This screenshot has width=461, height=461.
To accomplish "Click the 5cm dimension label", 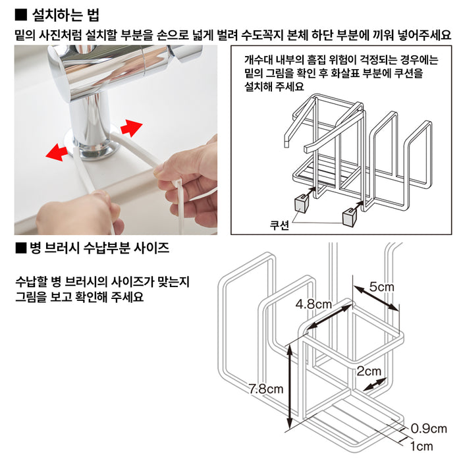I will click(382, 287).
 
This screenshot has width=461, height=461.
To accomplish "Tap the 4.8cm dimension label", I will click(313, 304).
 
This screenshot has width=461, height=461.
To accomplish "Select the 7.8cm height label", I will click(266, 389).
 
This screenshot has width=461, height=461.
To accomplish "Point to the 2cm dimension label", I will click(369, 371).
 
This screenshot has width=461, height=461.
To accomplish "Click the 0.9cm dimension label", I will click(429, 428).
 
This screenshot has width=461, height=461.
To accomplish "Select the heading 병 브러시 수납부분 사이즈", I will click(99, 248).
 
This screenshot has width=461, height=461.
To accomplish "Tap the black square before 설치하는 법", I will click(20, 14).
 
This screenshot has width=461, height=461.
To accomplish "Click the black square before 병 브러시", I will click(20, 248).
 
